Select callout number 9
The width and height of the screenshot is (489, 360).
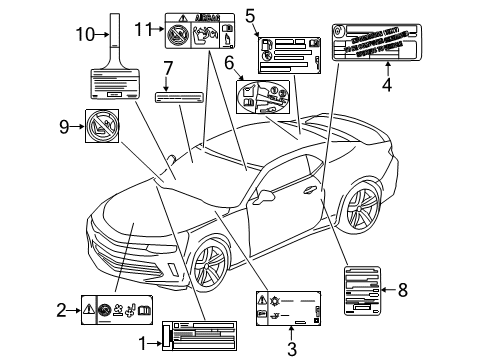point(63,125)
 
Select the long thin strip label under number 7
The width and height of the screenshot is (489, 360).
point(184,99)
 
